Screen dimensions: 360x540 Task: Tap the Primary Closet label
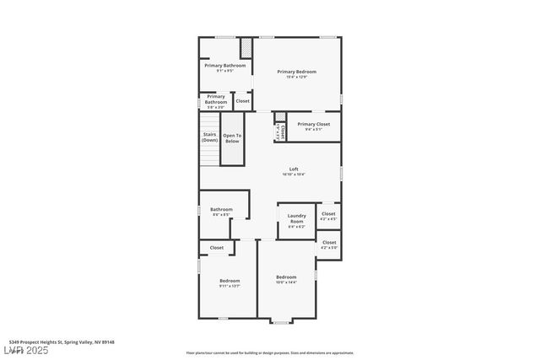313,125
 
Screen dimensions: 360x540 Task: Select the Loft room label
294,169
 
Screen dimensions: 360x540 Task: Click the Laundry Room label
296,218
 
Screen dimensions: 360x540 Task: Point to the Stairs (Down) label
210,137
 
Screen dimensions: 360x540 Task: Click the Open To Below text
232,138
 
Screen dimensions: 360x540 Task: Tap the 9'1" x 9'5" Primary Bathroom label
225,66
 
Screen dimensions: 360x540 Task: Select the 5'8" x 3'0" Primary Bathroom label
216,99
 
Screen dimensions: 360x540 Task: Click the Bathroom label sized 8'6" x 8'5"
221,210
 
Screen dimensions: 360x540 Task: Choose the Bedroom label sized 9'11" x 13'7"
229,281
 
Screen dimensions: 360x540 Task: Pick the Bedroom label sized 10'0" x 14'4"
286,277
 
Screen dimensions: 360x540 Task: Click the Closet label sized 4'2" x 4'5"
328,214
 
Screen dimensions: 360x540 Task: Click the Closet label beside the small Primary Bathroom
242,101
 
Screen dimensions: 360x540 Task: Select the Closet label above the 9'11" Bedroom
217,248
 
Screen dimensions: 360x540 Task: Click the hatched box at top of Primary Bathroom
247,47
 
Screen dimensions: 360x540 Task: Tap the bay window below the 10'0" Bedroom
279,321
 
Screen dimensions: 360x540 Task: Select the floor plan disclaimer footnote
270,353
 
